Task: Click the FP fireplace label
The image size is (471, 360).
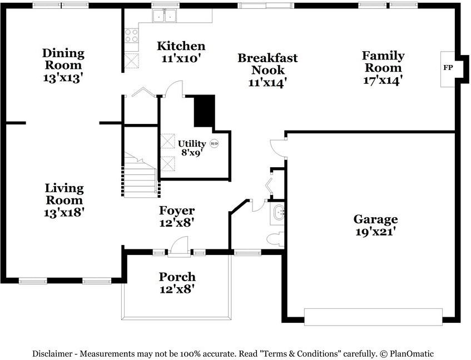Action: pyautogui.click(x=448, y=68)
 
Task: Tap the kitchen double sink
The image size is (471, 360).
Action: pyautogui.click(x=164, y=16)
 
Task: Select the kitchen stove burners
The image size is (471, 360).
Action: pyautogui.click(x=131, y=36)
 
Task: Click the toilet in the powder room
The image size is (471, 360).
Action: pyautogui.click(x=275, y=239)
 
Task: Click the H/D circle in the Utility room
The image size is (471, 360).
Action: pyautogui.click(x=214, y=144)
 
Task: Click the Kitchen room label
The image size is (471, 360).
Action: pyautogui.click(x=181, y=46)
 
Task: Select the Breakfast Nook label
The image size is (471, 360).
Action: pyautogui.click(x=267, y=64)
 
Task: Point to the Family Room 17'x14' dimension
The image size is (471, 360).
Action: pyautogui.click(x=383, y=81)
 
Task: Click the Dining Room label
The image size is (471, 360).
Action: pyautogui.click(x=63, y=59)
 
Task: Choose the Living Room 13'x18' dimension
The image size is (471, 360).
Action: pyautogui.click(x=64, y=213)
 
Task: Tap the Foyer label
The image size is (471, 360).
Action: pyautogui.click(x=177, y=211)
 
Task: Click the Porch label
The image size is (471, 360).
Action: pyautogui.click(x=177, y=277)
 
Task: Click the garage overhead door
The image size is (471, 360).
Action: pyautogui.click(x=373, y=317)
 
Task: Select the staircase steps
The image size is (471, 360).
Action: pyautogui.click(x=140, y=175)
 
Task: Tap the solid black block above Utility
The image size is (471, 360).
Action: pyautogui.click(x=205, y=111)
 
